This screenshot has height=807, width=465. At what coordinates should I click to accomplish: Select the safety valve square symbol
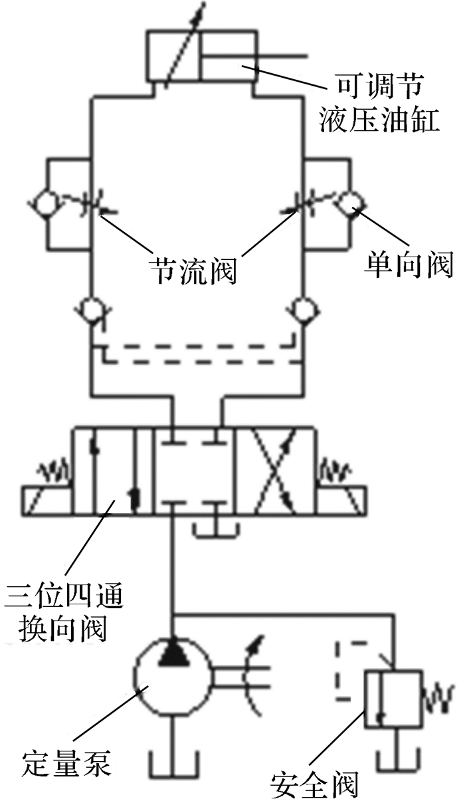pos(393,701)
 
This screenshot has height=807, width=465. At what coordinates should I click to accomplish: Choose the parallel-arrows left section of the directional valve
pos(113,473)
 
